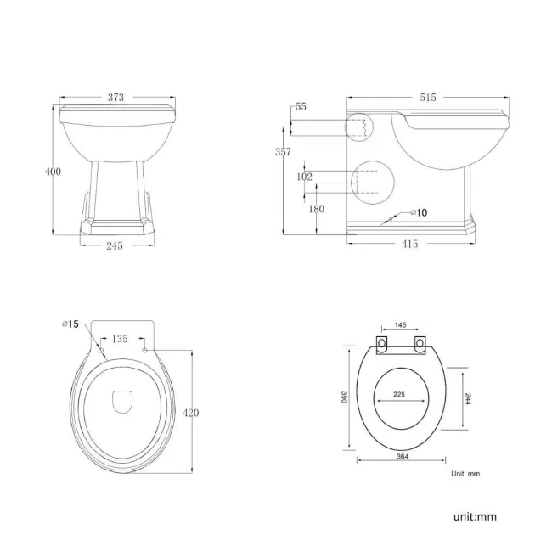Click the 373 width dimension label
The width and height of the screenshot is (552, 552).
pyautogui.click(x=116, y=98)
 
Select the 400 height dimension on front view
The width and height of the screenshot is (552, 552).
pyautogui.click(x=53, y=172)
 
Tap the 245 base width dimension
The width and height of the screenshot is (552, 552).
pyautogui.click(x=115, y=245)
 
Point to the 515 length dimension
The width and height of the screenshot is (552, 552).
pyautogui.click(x=427, y=98)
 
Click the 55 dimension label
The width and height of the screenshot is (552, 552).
pyautogui.click(x=301, y=106)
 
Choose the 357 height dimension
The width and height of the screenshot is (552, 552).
pyautogui.click(x=283, y=152)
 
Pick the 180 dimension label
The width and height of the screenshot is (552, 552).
pyautogui.click(x=317, y=209)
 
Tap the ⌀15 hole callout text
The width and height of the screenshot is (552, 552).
pyautogui.click(x=70, y=324)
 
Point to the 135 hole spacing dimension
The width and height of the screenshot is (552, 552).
pyautogui.click(x=121, y=339)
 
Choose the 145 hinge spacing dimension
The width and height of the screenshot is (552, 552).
pyautogui.click(x=400, y=325)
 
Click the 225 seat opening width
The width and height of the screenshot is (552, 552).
pyautogui.click(x=400, y=394)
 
